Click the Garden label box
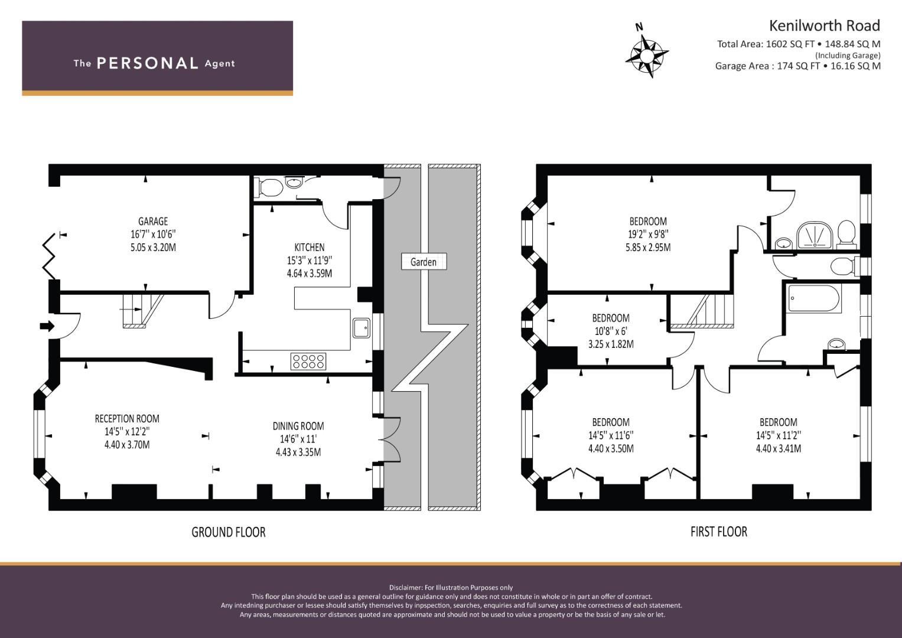tap(424, 262)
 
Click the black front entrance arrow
tap(47, 326)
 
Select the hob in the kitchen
tap(308, 362)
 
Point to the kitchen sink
tap(362, 328)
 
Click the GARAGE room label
tap(153, 221)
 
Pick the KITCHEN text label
tap(310, 248)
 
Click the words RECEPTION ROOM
tap(127, 419)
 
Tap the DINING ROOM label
tap(298, 426)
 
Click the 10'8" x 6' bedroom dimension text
tap(611, 331)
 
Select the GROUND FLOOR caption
tap(229, 532)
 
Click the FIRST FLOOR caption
tap(719, 532)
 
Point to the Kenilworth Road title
tap(824, 26)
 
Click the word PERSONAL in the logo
tap(148, 63)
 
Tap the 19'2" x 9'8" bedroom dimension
tap(648, 234)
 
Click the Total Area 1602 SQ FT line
tap(799, 44)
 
